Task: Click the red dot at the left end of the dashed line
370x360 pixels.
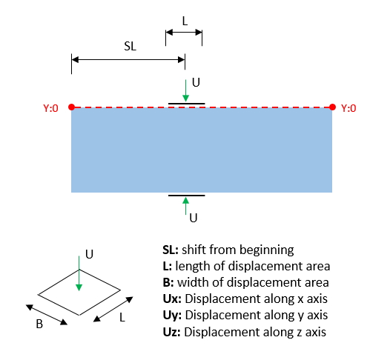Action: click(72, 107)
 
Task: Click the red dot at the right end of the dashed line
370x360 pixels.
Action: click(332, 107)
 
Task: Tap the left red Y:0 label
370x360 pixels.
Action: click(50, 108)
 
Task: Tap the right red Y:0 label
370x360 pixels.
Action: click(348, 108)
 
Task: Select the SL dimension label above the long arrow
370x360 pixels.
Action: click(130, 46)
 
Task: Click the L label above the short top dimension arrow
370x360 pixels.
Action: click(185, 21)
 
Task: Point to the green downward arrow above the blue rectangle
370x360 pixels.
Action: click(185, 90)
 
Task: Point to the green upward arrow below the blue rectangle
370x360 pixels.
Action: click(185, 206)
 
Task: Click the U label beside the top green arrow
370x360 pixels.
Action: click(196, 82)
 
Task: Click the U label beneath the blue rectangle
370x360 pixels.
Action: click(194, 219)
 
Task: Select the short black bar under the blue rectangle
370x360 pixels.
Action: click(187, 196)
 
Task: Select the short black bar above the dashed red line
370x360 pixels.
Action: click(187, 104)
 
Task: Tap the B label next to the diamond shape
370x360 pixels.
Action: click(39, 324)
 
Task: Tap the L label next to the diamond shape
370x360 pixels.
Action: click(122, 317)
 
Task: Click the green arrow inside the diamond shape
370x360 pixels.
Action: click(79, 273)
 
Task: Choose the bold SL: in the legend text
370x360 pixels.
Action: click(171, 250)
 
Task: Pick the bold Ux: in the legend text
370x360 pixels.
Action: click(172, 299)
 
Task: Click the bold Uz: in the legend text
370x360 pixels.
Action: click(171, 332)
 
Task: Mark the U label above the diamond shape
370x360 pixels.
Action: click(89, 254)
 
